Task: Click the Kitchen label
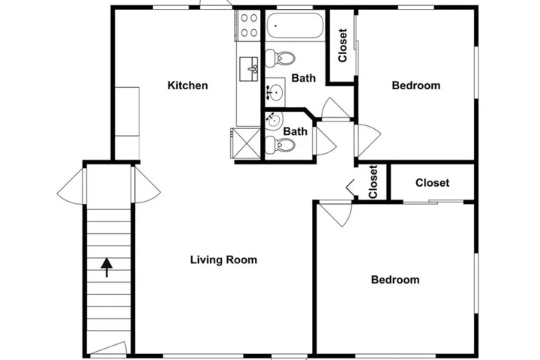[187, 85]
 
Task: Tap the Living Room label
[223, 259]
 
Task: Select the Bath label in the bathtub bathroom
[304, 78]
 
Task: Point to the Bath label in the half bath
[295, 131]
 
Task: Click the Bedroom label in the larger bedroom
[395, 280]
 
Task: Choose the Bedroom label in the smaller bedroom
[416, 85]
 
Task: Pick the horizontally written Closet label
[432, 182]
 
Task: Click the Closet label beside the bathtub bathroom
[343, 46]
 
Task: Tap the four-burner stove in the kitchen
[248, 25]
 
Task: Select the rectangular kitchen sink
[249, 69]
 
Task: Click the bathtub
[295, 25]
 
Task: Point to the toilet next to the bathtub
[280, 58]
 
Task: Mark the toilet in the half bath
[280, 145]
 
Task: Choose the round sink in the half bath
[274, 120]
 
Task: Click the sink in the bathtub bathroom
[275, 92]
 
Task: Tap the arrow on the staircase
[106, 267]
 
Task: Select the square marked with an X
[245, 143]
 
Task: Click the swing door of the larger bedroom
[334, 214]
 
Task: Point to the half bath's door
[325, 141]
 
